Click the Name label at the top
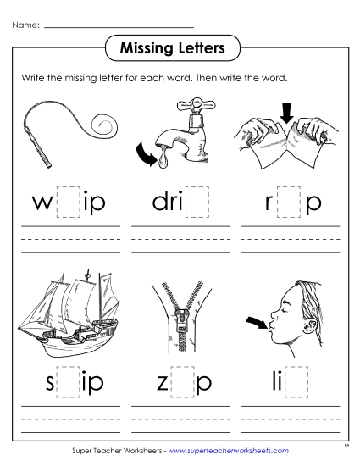tap(25, 26)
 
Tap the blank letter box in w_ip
tap(67, 203)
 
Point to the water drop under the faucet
tap(188, 158)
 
